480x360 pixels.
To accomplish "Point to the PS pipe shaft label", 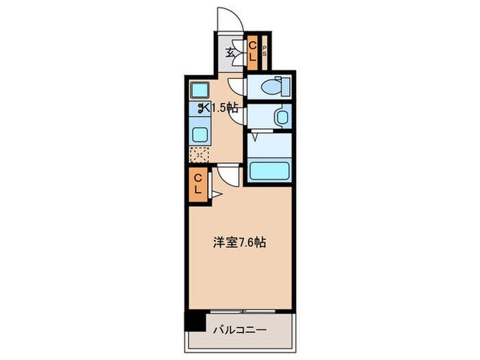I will click(x=263, y=49).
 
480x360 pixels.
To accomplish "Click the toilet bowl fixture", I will click(x=278, y=87).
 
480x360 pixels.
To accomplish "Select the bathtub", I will click(x=269, y=170).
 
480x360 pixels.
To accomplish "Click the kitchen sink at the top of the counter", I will click(x=200, y=90).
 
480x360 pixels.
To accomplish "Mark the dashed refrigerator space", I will click(x=199, y=155).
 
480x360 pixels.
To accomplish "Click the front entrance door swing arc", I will click(x=230, y=19).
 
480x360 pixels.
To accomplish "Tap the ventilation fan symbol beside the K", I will click(x=203, y=108).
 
